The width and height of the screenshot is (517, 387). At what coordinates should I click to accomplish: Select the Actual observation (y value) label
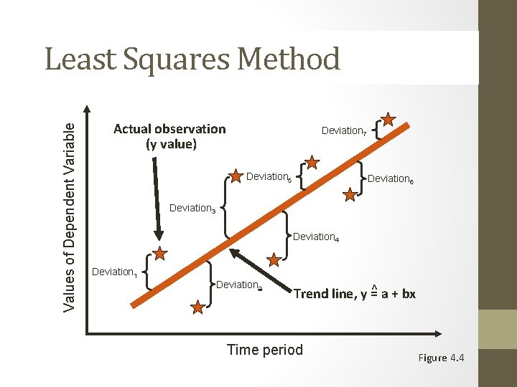(169, 136)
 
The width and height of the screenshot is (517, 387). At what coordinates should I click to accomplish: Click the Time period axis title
(265, 350)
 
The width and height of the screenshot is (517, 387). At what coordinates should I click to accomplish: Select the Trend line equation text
(354, 294)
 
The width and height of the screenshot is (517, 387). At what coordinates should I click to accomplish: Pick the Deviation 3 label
(192, 209)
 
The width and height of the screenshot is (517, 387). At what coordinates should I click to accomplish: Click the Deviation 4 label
(315, 236)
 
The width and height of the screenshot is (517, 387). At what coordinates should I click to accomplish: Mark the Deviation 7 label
(345, 131)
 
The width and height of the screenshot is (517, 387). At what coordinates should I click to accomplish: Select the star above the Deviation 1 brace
(159, 254)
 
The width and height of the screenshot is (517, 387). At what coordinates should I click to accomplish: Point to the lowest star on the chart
(197, 307)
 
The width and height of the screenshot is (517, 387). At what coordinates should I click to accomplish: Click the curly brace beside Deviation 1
(146, 272)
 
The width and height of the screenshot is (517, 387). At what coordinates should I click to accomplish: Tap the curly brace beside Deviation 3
(225, 207)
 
